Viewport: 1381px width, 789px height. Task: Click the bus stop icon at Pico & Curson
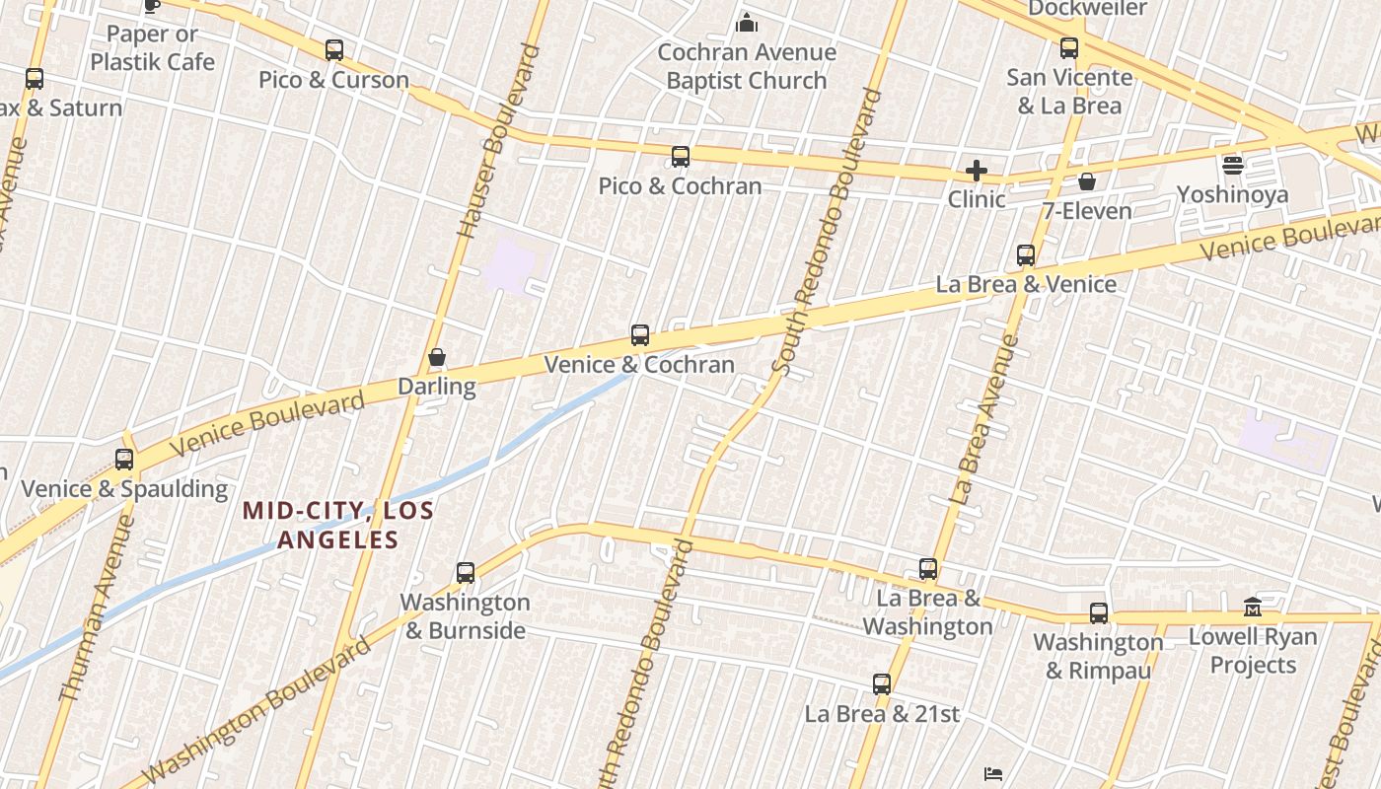334,50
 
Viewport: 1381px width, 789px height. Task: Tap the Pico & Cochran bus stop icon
680,157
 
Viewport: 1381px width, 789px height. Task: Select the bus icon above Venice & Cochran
640,335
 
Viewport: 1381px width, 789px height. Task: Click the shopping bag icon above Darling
437,357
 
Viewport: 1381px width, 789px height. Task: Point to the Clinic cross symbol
976,171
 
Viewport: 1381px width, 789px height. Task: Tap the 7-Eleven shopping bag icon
1086,181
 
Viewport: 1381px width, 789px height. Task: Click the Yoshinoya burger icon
1232,165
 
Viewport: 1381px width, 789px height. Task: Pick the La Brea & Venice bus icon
1026,255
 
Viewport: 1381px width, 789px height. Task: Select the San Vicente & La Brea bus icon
1069,48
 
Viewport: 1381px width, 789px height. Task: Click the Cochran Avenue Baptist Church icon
747,22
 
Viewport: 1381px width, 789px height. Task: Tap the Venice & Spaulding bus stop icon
124,460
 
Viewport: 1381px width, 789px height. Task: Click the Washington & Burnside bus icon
466,573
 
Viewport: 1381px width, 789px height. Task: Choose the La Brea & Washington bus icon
928,569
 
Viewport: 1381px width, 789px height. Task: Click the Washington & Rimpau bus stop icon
1099,613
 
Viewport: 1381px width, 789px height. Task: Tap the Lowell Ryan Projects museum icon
1253,607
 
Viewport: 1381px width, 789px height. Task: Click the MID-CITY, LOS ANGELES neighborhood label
338,525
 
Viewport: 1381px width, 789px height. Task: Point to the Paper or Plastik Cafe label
152,47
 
